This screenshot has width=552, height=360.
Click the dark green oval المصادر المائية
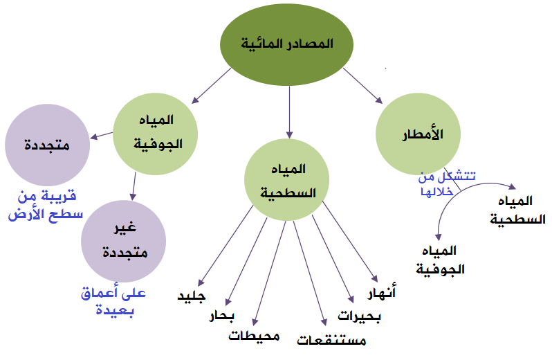click(x=286, y=44)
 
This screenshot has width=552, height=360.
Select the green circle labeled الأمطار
click(x=418, y=134)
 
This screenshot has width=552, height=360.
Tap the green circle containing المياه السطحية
click(x=287, y=179)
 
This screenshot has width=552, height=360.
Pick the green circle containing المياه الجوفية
click(x=155, y=134)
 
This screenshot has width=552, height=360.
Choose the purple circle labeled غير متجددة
click(x=124, y=242)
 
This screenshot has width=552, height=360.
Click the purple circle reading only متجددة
click(x=48, y=145)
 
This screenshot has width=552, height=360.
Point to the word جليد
click(x=192, y=296)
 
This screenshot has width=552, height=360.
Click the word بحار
click(x=222, y=315)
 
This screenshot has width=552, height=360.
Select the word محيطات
click(x=254, y=336)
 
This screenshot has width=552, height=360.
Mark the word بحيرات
click(x=360, y=316)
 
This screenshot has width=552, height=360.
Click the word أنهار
click(x=382, y=291)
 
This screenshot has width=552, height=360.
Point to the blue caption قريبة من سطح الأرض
click(x=46, y=206)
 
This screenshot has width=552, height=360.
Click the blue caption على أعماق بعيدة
click(x=113, y=301)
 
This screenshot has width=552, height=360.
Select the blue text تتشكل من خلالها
click(x=447, y=183)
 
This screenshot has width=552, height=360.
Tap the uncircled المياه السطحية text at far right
click(x=517, y=210)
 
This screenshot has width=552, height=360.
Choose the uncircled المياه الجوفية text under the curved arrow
click(x=441, y=260)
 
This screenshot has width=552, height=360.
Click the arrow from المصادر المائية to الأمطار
click(x=363, y=86)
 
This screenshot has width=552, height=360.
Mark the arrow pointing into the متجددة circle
click(x=102, y=136)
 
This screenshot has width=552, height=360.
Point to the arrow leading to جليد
click(x=226, y=246)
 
